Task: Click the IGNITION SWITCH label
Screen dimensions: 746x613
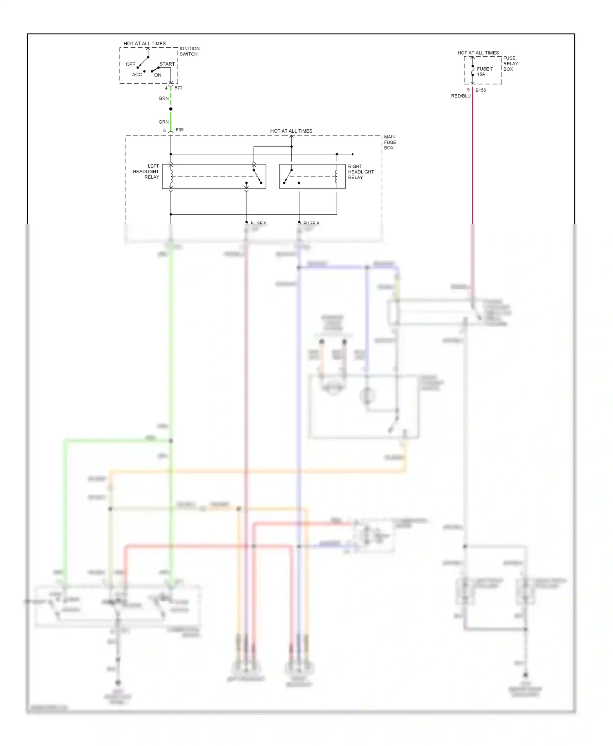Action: pyautogui.click(x=189, y=51)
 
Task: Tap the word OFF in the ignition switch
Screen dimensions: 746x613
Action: pyautogui.click(x=130, y=64)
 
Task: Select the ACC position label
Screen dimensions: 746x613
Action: pyautogui.click(x=137, y=75)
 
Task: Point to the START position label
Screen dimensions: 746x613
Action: pyautogui.click(x=167, y=64)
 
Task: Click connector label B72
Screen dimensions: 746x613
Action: pyautogui.click(x=179, y=88)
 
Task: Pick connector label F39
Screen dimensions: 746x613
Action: pyautogui.click(x=179, y=130)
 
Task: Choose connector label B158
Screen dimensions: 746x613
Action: pyautogui.click(x=481, y=90)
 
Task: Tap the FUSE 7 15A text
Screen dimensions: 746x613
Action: pyautogui.click(x=485, y=72)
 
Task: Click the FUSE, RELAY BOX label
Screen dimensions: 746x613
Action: pyautogui.click(x=510, y=64)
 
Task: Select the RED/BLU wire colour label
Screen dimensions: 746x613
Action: pyautogui.click(x=461, y=96)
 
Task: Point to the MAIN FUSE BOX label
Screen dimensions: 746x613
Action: pyautogui.click(x=389, y=142)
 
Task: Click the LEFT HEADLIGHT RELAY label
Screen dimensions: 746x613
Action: pyautogui.click(x=146, y=171)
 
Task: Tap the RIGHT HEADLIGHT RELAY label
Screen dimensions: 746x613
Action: pyautogui.click(x=361, y=172)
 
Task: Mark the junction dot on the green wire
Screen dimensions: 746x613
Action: pyautogui.click(x=171, y=109)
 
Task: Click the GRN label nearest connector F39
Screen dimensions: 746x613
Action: pyautogui.click(x=163, y=122)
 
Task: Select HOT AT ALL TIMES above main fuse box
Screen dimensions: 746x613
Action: pyautogui.click(x=291, y=131)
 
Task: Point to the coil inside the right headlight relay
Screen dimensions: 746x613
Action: pyautogui.click(x=336, y=176)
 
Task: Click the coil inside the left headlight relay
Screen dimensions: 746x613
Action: pyautogui.click(x=171, y=176)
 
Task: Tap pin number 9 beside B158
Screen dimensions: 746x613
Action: pyautogui.click(x=468, y=90)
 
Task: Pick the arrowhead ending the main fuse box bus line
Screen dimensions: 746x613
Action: pyautogui.click(x=353, y=154)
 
